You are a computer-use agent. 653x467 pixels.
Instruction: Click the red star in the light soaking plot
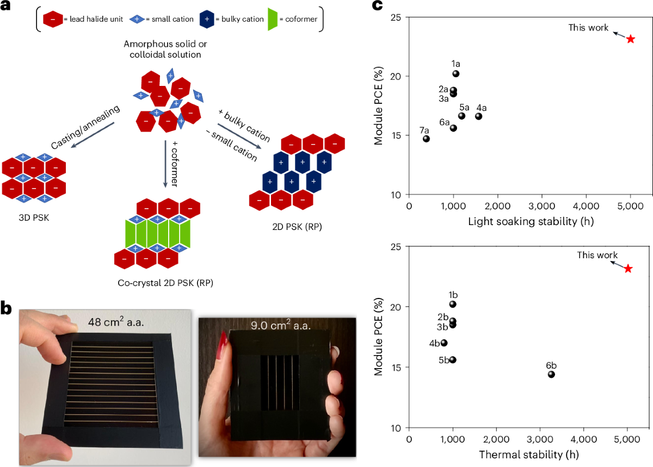click(630, 39)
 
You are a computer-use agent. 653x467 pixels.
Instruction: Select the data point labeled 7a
click(426, 139)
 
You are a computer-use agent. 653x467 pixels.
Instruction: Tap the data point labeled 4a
click(478, 116)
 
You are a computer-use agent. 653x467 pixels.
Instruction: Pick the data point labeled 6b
click(551, 374)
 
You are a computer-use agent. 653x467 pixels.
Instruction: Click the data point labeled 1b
click(453, 304)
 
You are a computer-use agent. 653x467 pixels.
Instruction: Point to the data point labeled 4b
click(444, 343)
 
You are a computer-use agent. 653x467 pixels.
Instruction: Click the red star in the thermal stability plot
click(628, 269)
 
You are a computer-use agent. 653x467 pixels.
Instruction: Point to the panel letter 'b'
click(8, 308)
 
